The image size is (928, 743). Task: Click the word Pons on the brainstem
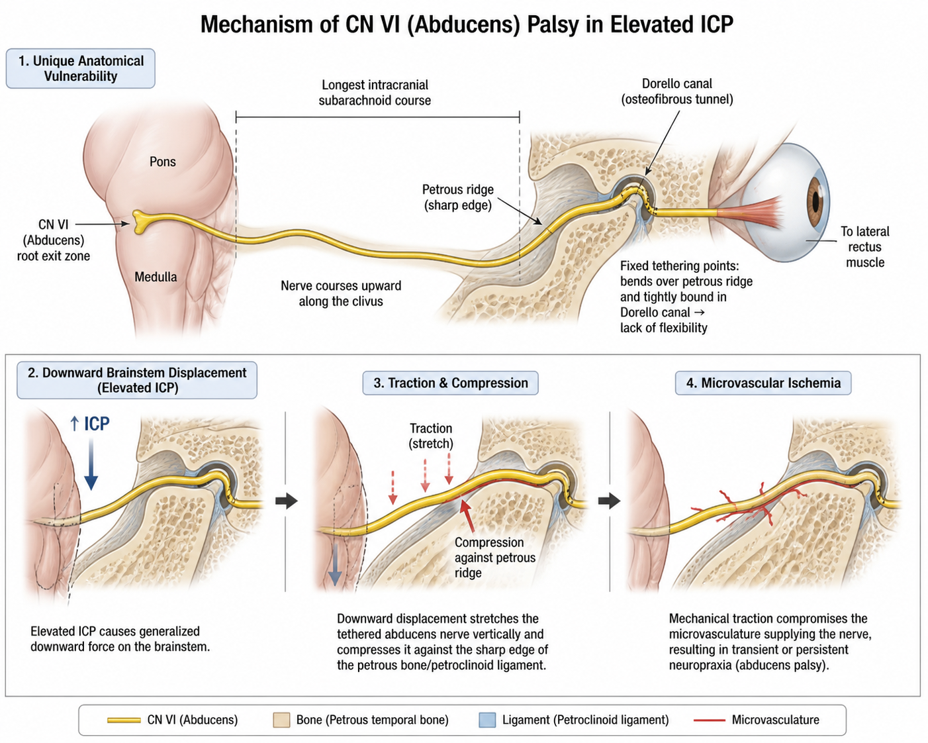(163, 162)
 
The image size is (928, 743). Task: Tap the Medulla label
(156, 277)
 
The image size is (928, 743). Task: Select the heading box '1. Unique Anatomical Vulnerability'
(81, 69)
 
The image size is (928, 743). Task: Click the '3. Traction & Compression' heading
(450, 383)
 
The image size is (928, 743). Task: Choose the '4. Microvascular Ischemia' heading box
(763, 383)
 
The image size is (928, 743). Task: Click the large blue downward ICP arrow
(91, 464)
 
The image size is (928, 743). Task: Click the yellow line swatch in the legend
(124, 720)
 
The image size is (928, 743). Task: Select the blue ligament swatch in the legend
(487, 720)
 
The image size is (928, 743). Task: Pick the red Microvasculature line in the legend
(710, 720)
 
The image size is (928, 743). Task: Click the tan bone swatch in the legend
(281, 720)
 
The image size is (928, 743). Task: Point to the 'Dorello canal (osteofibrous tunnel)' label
(677, 91)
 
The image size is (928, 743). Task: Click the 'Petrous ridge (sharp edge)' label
(458, 197)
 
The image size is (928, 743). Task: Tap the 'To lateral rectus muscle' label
(864, 247)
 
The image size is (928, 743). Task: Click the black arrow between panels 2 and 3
(287, 501)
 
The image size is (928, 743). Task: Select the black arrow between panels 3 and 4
(609, 501)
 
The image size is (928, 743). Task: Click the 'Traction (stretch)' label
(431, 436)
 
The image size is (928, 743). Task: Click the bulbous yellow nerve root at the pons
(139, 222)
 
